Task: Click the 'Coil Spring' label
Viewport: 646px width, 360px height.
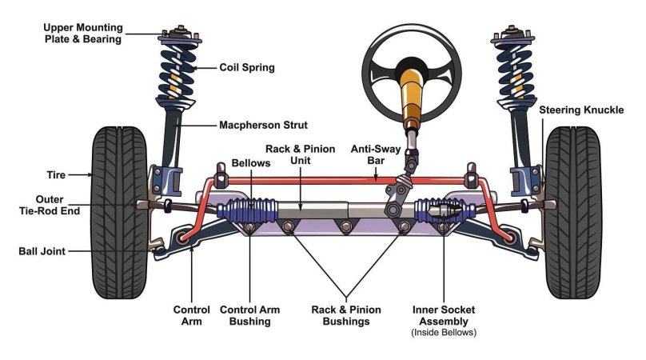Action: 247,68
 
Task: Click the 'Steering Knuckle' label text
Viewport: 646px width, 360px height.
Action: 581,110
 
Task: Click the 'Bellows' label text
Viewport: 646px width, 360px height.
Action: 252,162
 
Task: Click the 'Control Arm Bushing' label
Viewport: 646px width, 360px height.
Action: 245,315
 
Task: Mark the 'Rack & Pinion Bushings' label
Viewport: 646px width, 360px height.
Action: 346,315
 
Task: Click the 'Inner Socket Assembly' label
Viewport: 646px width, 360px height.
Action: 444,315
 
